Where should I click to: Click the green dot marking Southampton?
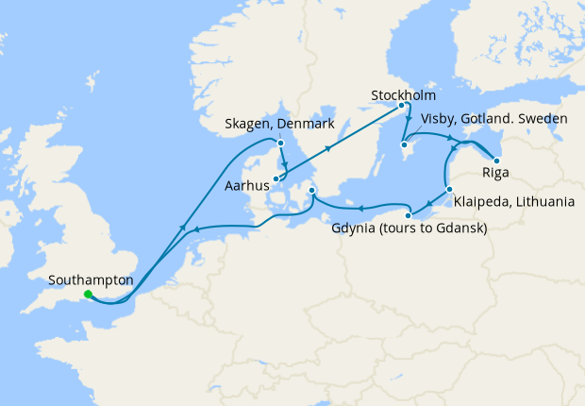pos(87,295)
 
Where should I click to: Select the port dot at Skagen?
pos(280,144)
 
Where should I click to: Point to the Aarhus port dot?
pos(276,178)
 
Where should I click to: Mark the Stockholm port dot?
pos(403,106)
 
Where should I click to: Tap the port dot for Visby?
pos(404,144)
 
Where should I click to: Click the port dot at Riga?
pos(496,161)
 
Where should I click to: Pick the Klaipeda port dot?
pos(449,190)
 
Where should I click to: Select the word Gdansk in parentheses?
pos(460,228)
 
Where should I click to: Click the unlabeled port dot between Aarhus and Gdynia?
pos(311,195)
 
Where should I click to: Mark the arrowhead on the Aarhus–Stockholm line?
pos(328,148)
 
